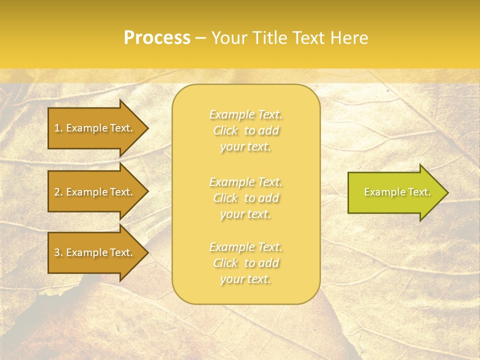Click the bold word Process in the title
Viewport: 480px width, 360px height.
click(157, 38)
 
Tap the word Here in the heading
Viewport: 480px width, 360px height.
click(349, 38)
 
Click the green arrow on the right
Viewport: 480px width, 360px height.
click(395, 192)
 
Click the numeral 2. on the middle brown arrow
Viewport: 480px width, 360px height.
click(58, 192)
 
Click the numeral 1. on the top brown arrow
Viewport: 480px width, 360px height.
click(58, 128)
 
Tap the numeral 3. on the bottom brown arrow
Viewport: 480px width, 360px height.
click(58, 252)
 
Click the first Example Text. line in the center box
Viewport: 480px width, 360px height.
click(245, 115)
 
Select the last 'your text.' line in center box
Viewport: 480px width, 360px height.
click(245, 279)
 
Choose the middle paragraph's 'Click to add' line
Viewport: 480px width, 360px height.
click(245, 198)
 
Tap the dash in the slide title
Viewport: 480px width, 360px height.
click(200, 38)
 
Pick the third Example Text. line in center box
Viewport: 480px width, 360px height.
click(245, 247)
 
